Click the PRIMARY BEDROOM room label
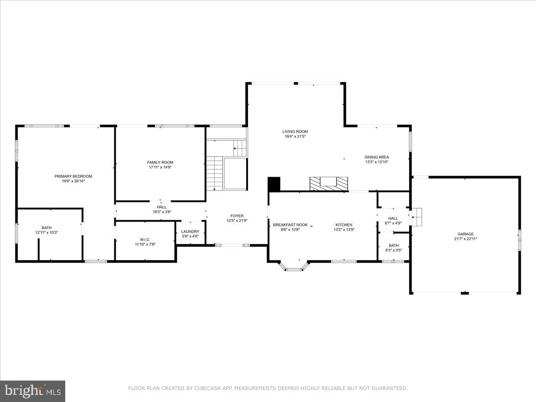click(73, 176)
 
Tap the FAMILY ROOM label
click(160, 162)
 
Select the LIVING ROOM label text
click(295, 131)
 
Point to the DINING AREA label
click(377, 157)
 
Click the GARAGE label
click(465, 234)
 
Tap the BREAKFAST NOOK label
click(290, 225)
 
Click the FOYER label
click(237, 216)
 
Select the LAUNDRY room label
click(190, 231)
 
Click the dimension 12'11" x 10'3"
click(47, 233)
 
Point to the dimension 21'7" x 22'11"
click(465, 239)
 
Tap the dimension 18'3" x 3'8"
click(162, 212)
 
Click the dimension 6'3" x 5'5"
click(394, 250)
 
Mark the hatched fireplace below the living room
click(329, 183)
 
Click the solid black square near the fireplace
click(274, 184)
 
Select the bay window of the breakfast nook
click(294, 267)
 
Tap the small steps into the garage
click(416, 217)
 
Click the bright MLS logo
click(33, 391)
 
